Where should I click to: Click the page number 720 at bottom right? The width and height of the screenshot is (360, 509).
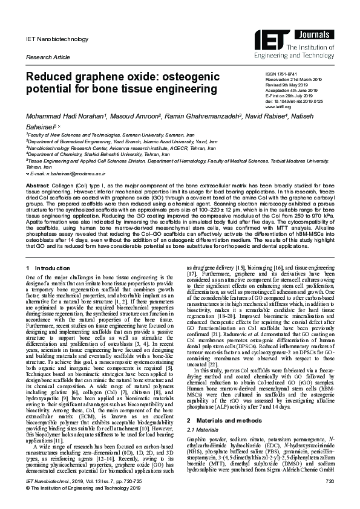(x=329, y=498)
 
